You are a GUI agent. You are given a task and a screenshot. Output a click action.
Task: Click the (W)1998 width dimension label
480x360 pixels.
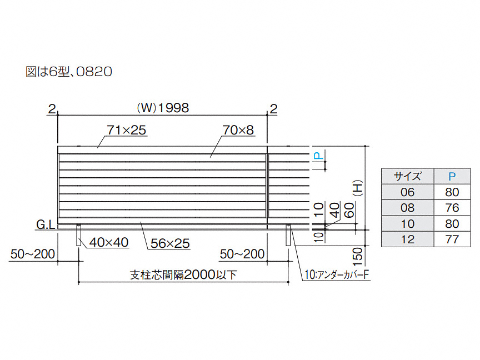[x=163, y=108]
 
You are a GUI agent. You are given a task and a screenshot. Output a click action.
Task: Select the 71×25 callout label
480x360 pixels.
[x=127, y=130]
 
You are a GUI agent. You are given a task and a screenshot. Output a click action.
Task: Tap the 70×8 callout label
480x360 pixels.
[x=238, y=130]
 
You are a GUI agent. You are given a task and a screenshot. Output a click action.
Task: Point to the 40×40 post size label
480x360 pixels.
[x=109, y=242]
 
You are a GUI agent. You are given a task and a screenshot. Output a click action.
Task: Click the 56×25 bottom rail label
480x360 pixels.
[x=170, y=243]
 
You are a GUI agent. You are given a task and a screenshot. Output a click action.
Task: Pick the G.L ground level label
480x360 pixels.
[x=46, y=224]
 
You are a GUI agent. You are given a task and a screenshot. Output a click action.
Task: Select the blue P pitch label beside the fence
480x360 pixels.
[x=319, y=156]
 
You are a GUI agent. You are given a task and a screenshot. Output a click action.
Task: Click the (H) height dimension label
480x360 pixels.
[x=357, y=188]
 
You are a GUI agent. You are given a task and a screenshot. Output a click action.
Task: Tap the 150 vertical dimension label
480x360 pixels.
[x=357, y=257]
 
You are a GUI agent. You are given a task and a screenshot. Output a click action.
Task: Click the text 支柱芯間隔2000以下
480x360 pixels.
[x=183, y=274]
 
